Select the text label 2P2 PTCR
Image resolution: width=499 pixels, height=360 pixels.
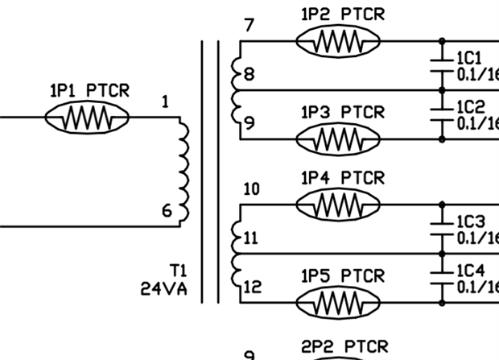[x=344, y=346]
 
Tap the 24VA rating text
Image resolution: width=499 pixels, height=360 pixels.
[x=164, y=288]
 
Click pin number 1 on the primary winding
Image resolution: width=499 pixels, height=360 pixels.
[x=164, y=102]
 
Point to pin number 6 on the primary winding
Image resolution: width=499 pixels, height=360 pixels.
[x=167, y=211]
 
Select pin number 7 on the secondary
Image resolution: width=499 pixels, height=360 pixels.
[x=249, y=25]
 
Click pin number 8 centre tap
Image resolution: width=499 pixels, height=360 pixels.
[x=249, y=75]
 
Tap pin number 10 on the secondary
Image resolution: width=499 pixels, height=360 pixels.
[x=251, y=189]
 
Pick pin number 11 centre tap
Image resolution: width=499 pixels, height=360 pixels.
[x=251, y=238]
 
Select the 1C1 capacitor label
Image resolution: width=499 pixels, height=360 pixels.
[x=469, y=59]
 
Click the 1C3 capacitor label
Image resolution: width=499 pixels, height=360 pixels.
[x=470, y=221]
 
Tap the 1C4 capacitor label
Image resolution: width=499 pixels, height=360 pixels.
[x=470, y=271]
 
